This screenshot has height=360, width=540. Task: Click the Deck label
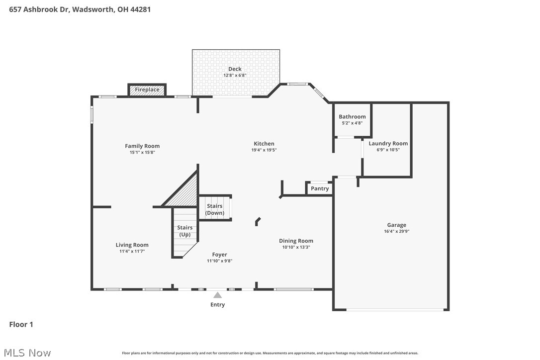pyautogui.click(x=235, y=69)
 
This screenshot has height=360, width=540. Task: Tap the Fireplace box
pyautogui.click(x=147, y=90)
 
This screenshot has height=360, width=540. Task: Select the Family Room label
pyautogui.click(x=142, y=146)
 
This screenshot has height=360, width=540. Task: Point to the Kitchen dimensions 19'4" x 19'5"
pyautogui.click(x=264, y=150)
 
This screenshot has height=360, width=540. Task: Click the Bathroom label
pyautogui.click(x=352, y=117)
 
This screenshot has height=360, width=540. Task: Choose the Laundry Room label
pyautogui.click(x=388, y=144)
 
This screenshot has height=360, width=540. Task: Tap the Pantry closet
pyautogui.click(x=319, y=188)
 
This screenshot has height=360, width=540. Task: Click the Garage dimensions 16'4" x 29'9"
pyautogui.click(x=396, y=231)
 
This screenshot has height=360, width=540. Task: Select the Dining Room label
pyautogui.click(x=296, y=241)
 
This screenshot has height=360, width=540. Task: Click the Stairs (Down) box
pyautogui.click(x=215, y=209)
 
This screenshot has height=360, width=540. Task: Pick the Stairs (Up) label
pyautogui.click(x=185, y=231)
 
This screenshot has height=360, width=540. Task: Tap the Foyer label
pyautogui.click(x=219, y=255)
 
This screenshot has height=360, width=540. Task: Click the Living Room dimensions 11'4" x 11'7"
pyautogui.click(x=132, y=251)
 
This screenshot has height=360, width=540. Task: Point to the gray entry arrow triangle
pyautogui.click(x=217, y=295)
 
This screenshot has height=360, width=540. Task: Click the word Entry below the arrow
pyautogui.click(x=217, y=305)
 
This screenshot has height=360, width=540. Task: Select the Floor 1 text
pyautogui.click(x=21, y=325)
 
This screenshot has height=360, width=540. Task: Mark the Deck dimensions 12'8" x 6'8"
pyautogui.click(x=235, y=76)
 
